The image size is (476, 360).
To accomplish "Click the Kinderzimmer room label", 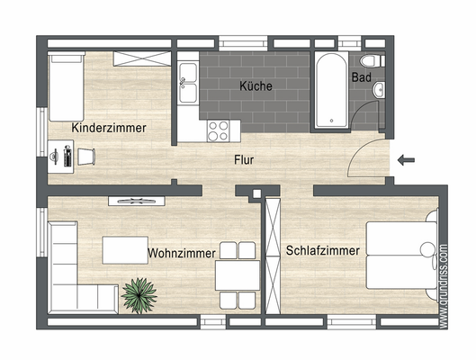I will point(109,129).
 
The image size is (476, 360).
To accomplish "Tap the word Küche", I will point(256,87).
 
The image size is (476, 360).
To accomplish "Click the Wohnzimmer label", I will point(183,253).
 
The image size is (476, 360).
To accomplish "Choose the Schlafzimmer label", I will point(323,250).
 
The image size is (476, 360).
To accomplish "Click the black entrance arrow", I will point(406,160).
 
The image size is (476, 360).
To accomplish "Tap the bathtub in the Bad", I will point(328,91).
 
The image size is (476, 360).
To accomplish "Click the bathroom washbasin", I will point(381,89).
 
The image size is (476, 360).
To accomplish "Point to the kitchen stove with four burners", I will point(219,130).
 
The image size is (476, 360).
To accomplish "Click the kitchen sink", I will point(189,86).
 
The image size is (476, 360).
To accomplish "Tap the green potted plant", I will point(139,293).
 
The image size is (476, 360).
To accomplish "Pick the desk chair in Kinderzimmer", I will point(85,157).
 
